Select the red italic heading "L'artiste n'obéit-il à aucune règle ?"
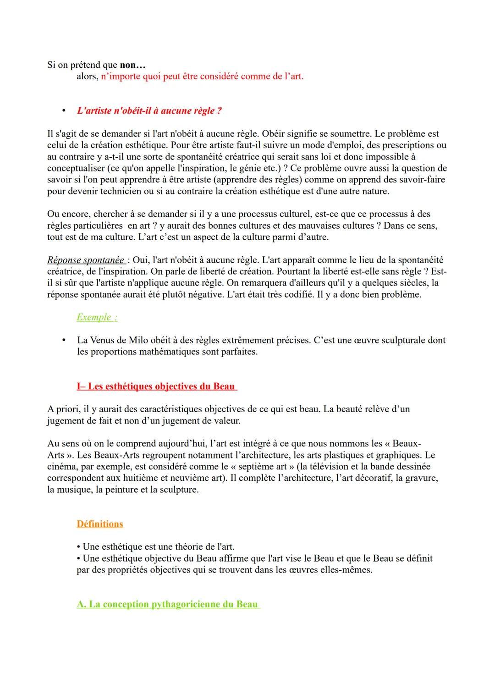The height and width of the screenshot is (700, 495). (149, 111)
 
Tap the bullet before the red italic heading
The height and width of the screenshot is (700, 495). (64, 111)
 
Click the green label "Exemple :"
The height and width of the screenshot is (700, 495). (97, 317)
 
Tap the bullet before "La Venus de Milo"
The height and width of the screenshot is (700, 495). (64, 341)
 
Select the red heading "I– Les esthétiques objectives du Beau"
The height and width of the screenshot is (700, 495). (157, 386)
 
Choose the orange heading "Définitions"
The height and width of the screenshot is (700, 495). (100, 524)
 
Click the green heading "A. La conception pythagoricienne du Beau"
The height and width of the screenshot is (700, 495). (168, 604)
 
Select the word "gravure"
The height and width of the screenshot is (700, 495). (420, 478)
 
